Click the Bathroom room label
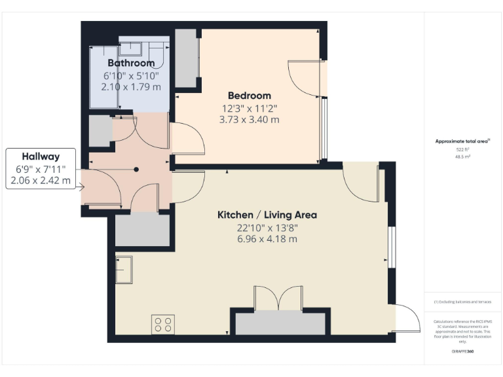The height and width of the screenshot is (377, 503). (131, 63)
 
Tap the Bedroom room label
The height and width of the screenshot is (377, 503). (249, 96)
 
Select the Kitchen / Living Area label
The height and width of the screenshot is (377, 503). (267, 215)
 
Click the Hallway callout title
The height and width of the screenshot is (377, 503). (41, 156)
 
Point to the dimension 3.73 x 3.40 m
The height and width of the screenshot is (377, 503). (249, 120)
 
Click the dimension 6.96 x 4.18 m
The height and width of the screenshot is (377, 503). (267, 239)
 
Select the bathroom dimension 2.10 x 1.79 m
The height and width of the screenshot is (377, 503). (131, 86)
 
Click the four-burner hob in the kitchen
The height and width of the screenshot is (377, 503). (163, 324)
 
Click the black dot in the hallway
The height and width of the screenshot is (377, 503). (136, 170)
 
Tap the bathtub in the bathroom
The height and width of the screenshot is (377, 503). (103, 77)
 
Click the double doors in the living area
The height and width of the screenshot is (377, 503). (278, 298)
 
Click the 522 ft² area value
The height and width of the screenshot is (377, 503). (463, 150)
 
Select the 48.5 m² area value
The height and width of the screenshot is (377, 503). (463, 157)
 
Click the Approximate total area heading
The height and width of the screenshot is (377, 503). (462, 141)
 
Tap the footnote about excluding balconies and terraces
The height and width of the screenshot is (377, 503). (462, 302)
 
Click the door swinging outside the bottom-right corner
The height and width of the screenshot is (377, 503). (409, 321)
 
